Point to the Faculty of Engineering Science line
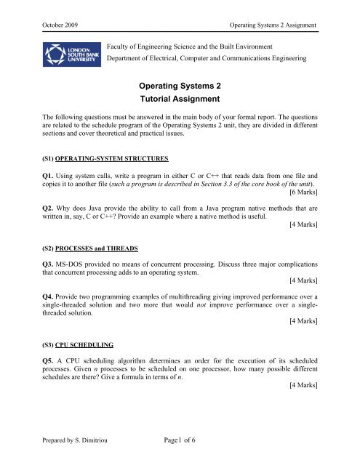199,46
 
